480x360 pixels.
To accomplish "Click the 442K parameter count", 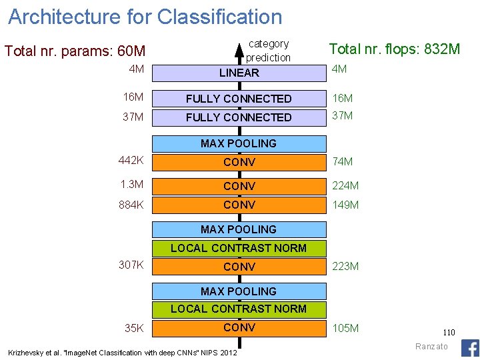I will pos(131,161).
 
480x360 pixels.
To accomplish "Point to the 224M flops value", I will pos(345,186).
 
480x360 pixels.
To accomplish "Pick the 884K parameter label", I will pos(131,205).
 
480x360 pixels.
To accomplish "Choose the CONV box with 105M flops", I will pos(239,327).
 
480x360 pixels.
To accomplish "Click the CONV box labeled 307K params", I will pos(239,267).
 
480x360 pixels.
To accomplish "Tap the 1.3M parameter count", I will pos(131,185).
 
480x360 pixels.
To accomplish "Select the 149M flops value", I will pos(345,205).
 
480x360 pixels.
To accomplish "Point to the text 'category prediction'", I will pos(269,51).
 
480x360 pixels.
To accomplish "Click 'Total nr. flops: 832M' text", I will pos(395,49).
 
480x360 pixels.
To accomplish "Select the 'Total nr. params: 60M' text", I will pos(75,51).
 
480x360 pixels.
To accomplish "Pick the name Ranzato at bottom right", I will pos(433,346).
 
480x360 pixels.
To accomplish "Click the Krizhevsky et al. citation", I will pos(122,352).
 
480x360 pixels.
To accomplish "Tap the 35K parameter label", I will pos(134,328).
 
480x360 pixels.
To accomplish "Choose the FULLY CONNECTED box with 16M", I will pos(239,99).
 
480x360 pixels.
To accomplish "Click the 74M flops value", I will pos(343,161).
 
